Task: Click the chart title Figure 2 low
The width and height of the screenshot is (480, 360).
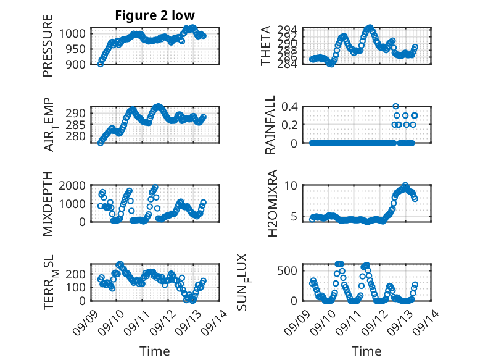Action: tap(155, 16)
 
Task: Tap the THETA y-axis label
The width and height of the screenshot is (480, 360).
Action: tap(266, 46)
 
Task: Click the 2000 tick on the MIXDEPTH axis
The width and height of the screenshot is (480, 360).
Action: tap(74, 185)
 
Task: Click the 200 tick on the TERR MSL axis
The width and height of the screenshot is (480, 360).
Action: tap(77, 273)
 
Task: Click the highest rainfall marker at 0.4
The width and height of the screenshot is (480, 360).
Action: tap(395, 106)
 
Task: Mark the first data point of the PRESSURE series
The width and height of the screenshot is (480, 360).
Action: tap(101, 64)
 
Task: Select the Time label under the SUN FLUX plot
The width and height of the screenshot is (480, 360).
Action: tap(366, 351)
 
